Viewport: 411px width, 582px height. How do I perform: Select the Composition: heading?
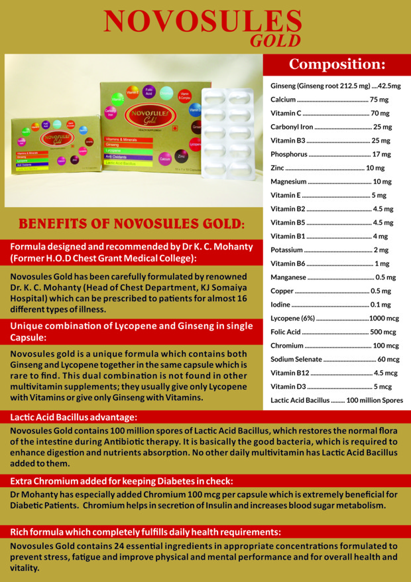tap(337, 64)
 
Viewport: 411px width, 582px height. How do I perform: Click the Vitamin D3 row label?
tap(288, 386)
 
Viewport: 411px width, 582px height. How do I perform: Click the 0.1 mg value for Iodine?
tap(380, 305)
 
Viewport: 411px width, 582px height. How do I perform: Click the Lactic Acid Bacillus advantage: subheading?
tap(74, 417)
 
